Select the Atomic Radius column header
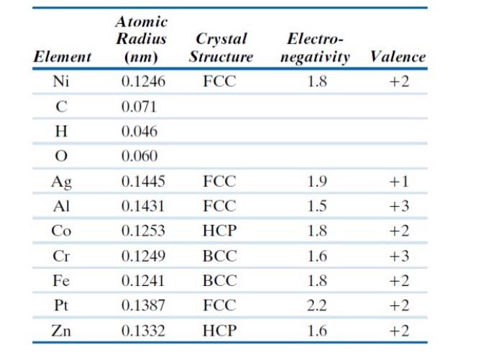[141, 40]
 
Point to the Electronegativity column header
[316, 47]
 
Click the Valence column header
[397, 57]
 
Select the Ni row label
[62, 82]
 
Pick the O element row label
[62, 156]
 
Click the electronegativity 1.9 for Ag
[316, 182]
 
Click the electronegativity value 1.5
[316, 206]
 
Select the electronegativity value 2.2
[316, 305]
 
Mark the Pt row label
[62, 305]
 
